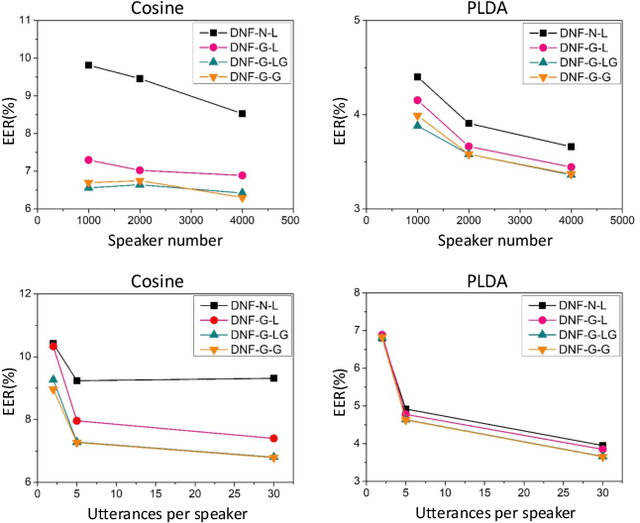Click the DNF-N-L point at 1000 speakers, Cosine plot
pos(89,65)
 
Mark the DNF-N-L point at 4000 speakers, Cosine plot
pos(242,114)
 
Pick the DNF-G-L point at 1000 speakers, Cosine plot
pos(89,160)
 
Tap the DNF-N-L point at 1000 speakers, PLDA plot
pos(417,77)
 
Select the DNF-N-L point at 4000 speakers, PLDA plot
pos(571,147)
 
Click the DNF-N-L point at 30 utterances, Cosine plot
pos(273,378)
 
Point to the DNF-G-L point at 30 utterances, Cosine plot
pos(273,438)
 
